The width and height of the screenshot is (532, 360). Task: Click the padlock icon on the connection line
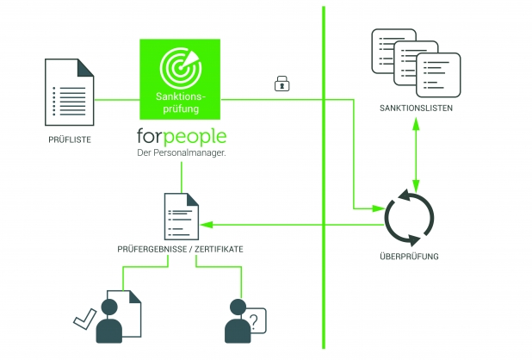tap(281, 84)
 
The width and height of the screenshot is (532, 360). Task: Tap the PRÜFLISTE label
tap(70, 138)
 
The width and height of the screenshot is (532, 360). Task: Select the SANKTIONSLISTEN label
tap(416, 109)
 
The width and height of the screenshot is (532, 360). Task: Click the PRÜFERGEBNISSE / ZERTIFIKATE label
tap(180, 249)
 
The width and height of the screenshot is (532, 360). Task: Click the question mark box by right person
tap(256, 320)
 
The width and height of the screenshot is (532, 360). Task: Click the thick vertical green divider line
tap(324, 172)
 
